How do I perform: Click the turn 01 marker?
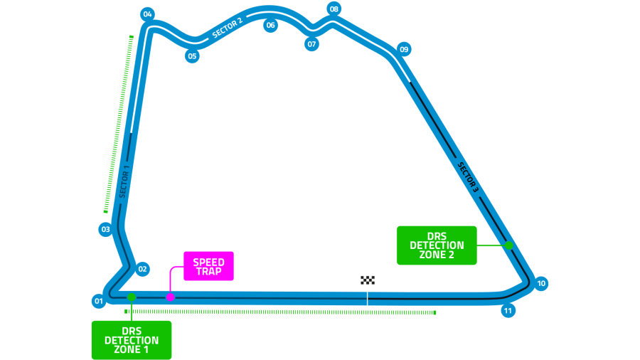(x=99, y=301)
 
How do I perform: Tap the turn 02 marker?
(x=143, y=269)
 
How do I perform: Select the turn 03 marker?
(x=106, y=229)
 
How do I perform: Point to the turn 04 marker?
(x=147, y=14)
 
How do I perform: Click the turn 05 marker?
(x=192, y=56)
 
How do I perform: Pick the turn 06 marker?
(x=270, y=26)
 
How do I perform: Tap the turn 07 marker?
(x=311, y=44)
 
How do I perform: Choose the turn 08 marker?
(x=334, y=9)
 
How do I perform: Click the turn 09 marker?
(x=404, y=49)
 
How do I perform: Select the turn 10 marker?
(x=541, y=283)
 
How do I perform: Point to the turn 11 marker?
(x=508, y=311)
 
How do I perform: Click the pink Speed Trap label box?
(x=208, y=266)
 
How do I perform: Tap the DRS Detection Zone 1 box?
(x=132, y=340)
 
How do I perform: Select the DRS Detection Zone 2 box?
(x=437, y=245)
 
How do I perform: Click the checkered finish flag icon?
(x=368, y=280)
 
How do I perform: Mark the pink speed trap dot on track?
(x=171, y=297)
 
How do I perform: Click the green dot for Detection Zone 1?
(x=132, y=297)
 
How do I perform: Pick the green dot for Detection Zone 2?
(x=509, y=245)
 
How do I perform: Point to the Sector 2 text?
(x=228, y=27)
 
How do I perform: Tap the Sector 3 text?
(x=468, y=177)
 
